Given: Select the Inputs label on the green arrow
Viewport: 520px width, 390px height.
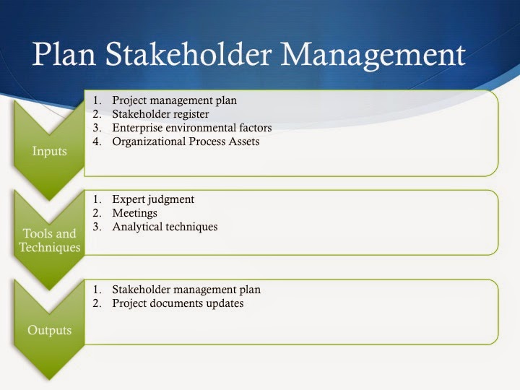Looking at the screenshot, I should pyautogui.click(x=49, y=152).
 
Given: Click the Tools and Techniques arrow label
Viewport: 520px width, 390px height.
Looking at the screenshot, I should pyautogui.click(x=49, y=240).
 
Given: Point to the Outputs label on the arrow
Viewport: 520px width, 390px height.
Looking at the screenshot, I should pyautogui.click(x=49, y=331).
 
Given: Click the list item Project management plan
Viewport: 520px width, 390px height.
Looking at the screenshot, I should pyautogui.click(x=174, y=100).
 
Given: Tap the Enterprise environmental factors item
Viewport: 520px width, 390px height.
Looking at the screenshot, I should pyautogui.click(x=191, y=128).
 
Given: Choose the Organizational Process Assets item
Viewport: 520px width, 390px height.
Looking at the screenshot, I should pyautogui.click(x=186, y=142).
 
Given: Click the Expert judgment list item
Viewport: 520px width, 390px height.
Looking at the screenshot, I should pyautogui.click(x=153, y=199).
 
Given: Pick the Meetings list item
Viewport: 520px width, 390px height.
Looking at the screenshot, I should pyautogui.click(x=134, y=213).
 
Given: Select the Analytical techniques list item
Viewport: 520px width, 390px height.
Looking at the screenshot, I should pyautogui.click(x=165, y=227).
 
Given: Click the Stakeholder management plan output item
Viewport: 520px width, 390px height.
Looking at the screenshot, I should pyautogui.click(x=186, y=290).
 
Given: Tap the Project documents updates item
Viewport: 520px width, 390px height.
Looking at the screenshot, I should pyautogui.click(x=178, y=303).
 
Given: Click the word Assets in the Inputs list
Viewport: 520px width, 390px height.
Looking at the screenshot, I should pyautogui.click(x=243, y=142).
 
